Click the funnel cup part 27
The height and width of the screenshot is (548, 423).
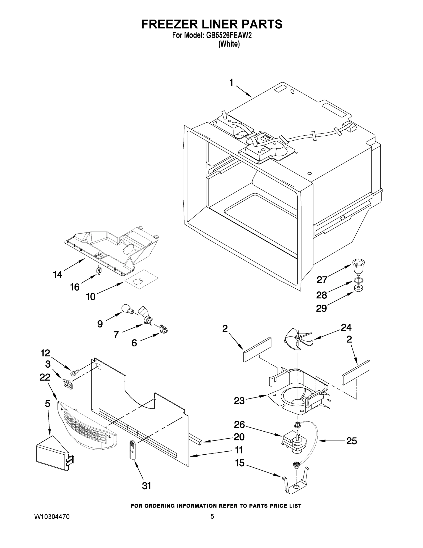[x=359, y=267]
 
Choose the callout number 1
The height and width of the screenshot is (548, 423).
[x=231, y=82]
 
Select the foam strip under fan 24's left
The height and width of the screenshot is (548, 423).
[x=257, y=349]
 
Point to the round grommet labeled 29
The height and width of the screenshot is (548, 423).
[x=359, y=288]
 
